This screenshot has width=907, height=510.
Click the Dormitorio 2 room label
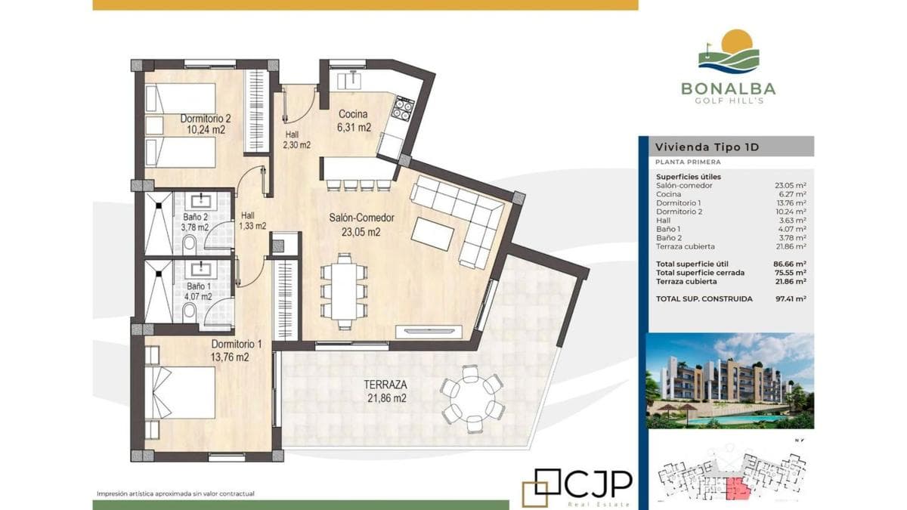click(206, 119)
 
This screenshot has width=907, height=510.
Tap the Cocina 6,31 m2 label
click(354, 121)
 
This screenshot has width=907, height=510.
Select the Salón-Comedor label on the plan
click(361, 218)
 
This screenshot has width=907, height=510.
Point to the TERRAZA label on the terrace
click(385, 384)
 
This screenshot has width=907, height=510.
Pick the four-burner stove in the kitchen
click(402, 108)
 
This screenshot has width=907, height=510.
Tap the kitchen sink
click(349, 80)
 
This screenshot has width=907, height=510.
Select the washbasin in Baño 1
click(200, 269)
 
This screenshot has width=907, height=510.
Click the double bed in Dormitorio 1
click(180, 393)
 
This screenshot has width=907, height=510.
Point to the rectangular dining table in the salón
click(344, 291)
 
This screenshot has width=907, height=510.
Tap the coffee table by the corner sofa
click(432, 234)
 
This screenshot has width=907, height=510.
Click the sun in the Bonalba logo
click(737, 41)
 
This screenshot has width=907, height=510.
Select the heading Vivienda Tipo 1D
click(707, 147)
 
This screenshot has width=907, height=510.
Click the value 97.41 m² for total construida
click(791, 298)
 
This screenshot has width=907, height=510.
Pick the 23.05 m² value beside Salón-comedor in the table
click(791, 185)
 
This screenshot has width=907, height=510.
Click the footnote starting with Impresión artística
click(175, 494)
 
